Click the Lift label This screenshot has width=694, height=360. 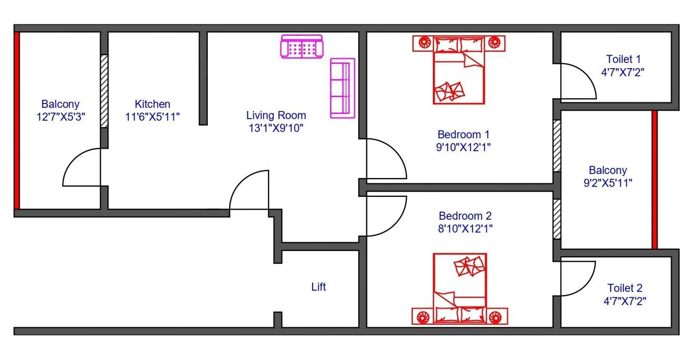[318, 287]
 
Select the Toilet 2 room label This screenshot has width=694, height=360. [625, 288]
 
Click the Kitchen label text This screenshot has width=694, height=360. [152, 104]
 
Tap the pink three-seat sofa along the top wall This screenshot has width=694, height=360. [301, 47]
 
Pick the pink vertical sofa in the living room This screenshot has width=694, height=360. [342, 88]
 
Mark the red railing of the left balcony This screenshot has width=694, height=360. [17, 120]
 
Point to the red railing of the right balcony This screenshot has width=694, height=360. [655, 180]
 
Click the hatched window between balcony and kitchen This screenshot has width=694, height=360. [104, 91]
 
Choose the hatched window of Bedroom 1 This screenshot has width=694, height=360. [557, 146]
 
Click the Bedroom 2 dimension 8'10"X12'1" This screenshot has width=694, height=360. [465, 228]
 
